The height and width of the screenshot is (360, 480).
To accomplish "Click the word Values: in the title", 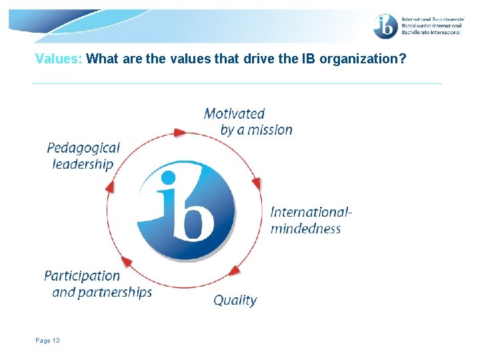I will [x=59, y=59].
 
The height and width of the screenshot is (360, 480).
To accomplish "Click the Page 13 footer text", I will [x=47, y=341].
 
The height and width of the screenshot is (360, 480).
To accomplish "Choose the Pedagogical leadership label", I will [x=83, y=156].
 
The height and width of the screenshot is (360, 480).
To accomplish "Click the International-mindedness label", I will [x=311, y=220].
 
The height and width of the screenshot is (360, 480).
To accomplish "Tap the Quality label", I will [x=235, y=301].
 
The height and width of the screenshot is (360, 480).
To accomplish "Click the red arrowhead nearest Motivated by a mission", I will [x=179, y=133].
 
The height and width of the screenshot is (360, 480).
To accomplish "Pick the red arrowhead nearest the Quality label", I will [x=234, y=271].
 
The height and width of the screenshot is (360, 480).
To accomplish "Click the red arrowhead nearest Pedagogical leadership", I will [x=110, y=187].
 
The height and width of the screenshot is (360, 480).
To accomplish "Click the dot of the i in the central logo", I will [x=168, y=178].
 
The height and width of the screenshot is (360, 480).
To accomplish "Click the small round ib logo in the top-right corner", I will [x=385, y=26].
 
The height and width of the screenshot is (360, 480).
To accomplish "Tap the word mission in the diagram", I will [x=270, y=130].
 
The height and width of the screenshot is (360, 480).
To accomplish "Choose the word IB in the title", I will [x=308, y=59].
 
